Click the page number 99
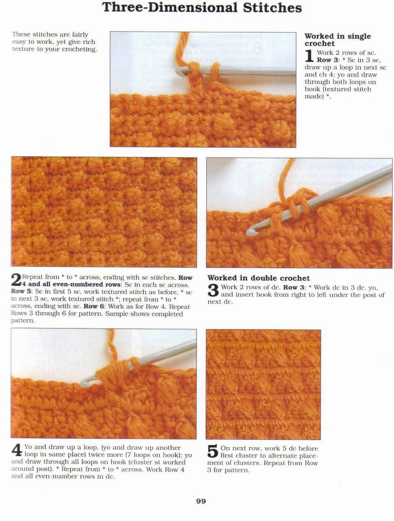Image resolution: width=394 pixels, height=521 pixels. click(201, 501)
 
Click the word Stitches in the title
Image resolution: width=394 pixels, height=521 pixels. click(272, 8)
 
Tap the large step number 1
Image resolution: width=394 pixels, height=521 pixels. click(309, 56)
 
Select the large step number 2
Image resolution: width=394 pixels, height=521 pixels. click(16, 280)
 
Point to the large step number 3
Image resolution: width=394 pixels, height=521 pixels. click(213, 290)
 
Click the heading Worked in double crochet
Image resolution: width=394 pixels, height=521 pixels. click(258, 278)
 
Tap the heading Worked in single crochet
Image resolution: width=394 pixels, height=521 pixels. click(338, 40)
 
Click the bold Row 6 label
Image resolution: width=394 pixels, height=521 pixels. click(94, 306)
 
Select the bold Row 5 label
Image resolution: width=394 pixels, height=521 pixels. click(21, 292)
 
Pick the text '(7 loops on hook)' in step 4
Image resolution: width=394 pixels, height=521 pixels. click(154, 455)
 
